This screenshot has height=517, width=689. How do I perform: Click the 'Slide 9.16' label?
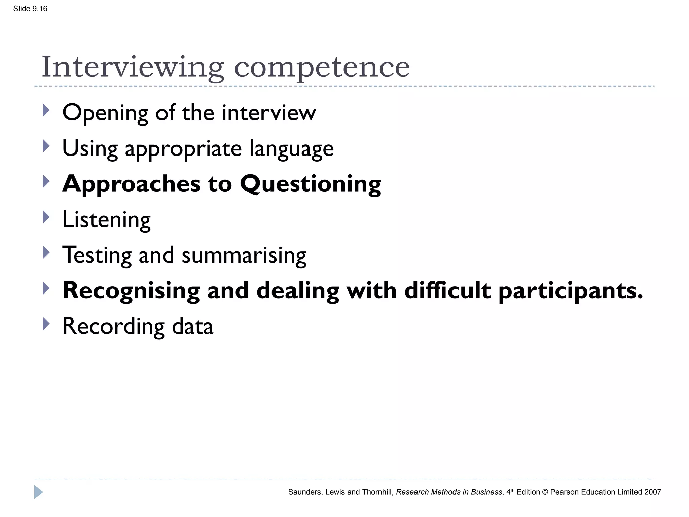point(30,9)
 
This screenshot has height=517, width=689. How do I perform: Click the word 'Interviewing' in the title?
point(133,67)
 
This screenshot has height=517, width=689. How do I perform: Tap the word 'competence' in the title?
point(322,67)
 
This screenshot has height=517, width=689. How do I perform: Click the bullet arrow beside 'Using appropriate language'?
point(46,146)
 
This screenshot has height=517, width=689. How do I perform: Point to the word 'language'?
point(291,149)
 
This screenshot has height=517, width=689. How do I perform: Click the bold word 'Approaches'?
point(131,184)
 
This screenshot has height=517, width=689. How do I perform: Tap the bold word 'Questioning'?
point(310,184)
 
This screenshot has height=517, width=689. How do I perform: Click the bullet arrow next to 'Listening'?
point(46,217)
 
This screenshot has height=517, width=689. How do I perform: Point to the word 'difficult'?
point(447,290)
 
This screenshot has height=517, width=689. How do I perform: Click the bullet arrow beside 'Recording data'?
point(46,324)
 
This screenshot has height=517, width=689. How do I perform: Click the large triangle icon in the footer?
point(38,492)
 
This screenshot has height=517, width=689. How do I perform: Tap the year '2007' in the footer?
point(653,492)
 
